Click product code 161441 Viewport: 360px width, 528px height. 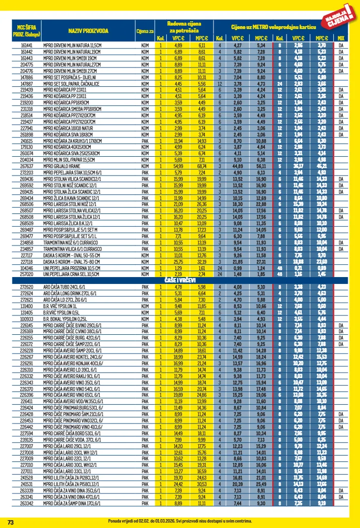(x=27, y=45)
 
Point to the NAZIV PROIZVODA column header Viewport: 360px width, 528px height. (x=81, y=31)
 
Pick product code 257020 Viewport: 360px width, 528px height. (x=27, y=274)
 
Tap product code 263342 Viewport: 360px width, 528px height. (x=27, y=503)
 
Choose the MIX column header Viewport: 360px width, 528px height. (x=341, y=38)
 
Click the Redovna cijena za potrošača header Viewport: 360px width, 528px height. (x=183, y=27)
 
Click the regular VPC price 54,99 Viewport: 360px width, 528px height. (x=178, y=167)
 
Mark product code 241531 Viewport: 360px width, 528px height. (x=27, y=484)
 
